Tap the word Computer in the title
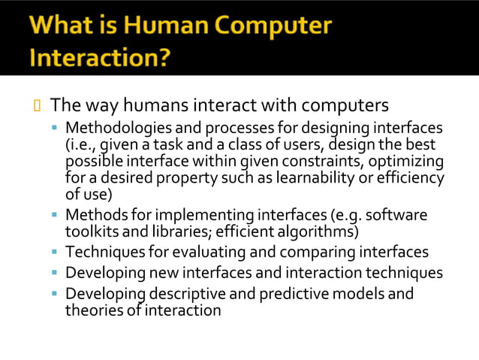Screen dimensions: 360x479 (270, 26)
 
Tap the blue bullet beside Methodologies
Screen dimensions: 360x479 (55, 129)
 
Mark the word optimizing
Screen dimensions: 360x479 (407, 162)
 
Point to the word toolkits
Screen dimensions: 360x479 (91, 231)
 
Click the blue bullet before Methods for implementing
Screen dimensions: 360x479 (55, 215)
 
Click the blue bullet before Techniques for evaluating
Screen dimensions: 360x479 (55, 252)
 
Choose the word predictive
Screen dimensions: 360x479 (279, 293)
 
